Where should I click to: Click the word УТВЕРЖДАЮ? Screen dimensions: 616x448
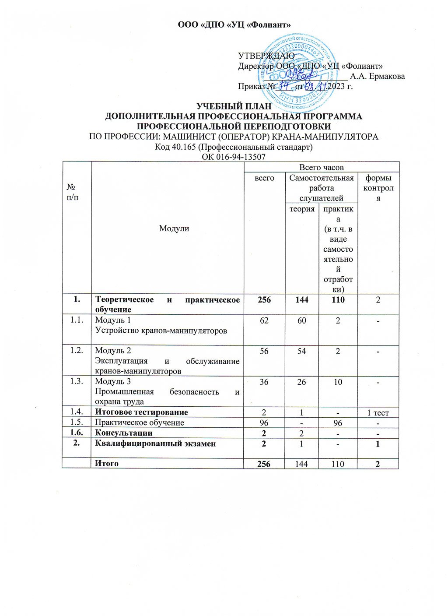[266, 56]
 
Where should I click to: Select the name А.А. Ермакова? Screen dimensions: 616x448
[378, 76]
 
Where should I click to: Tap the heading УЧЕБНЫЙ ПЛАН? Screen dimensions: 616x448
[234, 106]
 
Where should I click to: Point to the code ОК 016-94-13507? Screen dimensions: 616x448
[234, 157]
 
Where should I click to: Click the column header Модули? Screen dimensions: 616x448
[174, 228]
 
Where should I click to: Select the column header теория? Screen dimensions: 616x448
[302, 209]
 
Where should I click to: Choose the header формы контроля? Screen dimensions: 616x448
[379, 188]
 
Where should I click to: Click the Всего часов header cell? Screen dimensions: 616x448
[321, 167]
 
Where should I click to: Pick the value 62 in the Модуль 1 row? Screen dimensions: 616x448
[264, 320]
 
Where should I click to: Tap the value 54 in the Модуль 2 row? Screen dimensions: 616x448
[302, 351]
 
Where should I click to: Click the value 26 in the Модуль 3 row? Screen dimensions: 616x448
[302, 382]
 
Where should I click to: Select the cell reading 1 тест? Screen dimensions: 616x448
[378, 412]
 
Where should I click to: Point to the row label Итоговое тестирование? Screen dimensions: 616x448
[141, 412]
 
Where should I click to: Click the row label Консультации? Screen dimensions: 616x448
[124, 433]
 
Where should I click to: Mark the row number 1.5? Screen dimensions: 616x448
[77, 422]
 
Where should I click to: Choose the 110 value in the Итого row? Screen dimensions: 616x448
[338, 464]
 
